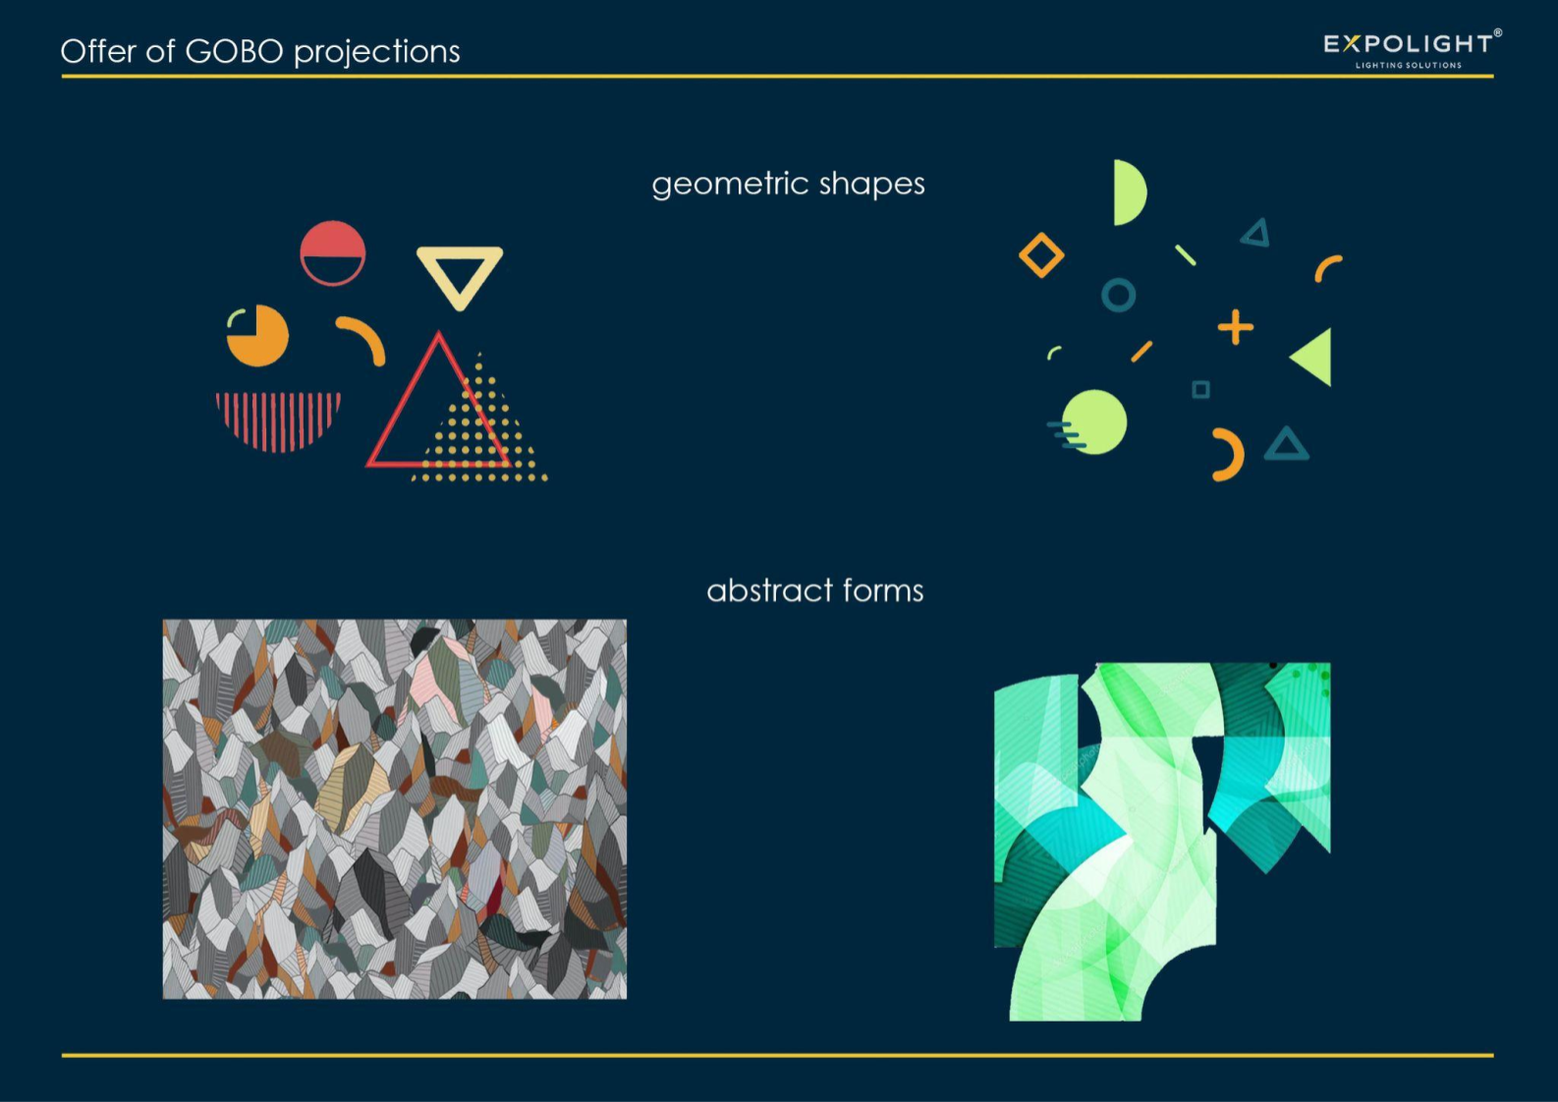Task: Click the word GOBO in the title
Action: click(x=235, y=51)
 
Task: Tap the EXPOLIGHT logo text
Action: click(x=1409, y=44)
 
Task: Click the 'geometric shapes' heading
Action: click(x=788, y=185)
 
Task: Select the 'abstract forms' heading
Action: click(x=815, y=590)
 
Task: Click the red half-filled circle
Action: click(x=332, y=253)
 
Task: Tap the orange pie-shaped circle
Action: click(x=258, y=337)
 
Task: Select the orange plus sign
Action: click(x=1235, y=327)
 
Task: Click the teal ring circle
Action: click(x=1119, y=281)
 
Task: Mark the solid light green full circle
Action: click(x=1094, y=422)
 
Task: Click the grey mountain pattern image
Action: click(x=394, y=809)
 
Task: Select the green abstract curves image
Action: click(x=1162, y=842)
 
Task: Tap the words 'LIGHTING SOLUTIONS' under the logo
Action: click(x=1409, y=66)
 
